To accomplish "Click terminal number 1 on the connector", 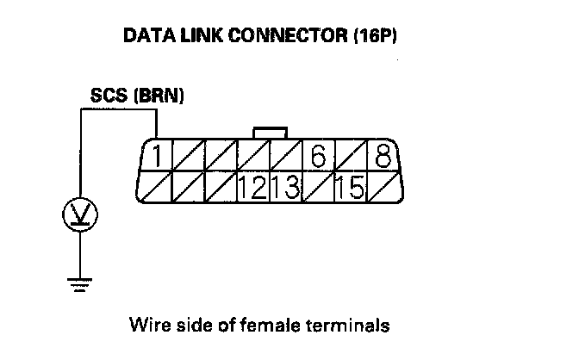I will click(x=158, y=158).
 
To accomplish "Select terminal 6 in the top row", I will click(x=318, y=158).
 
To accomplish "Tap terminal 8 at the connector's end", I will click(x=381, y=158).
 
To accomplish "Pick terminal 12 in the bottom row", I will click(x=253, y=187).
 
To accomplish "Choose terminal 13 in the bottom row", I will click(x=284, y=187).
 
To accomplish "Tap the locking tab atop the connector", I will click(x=271, y=133).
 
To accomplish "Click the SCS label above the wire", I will click(x=108, y=96).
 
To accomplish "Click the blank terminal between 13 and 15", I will click(x=316, y=187).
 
